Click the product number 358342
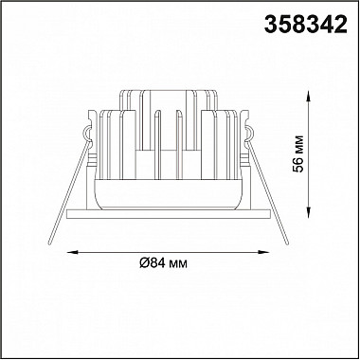(305, 25)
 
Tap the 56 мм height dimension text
(298, 153)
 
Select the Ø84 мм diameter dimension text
(163, 262)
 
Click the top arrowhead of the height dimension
(308, 96)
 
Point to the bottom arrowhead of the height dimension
(308, 212)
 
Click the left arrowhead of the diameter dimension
(73, 252)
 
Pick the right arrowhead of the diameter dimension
(263, 252)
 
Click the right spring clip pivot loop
(250, 133)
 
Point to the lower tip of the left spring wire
(50, 243)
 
